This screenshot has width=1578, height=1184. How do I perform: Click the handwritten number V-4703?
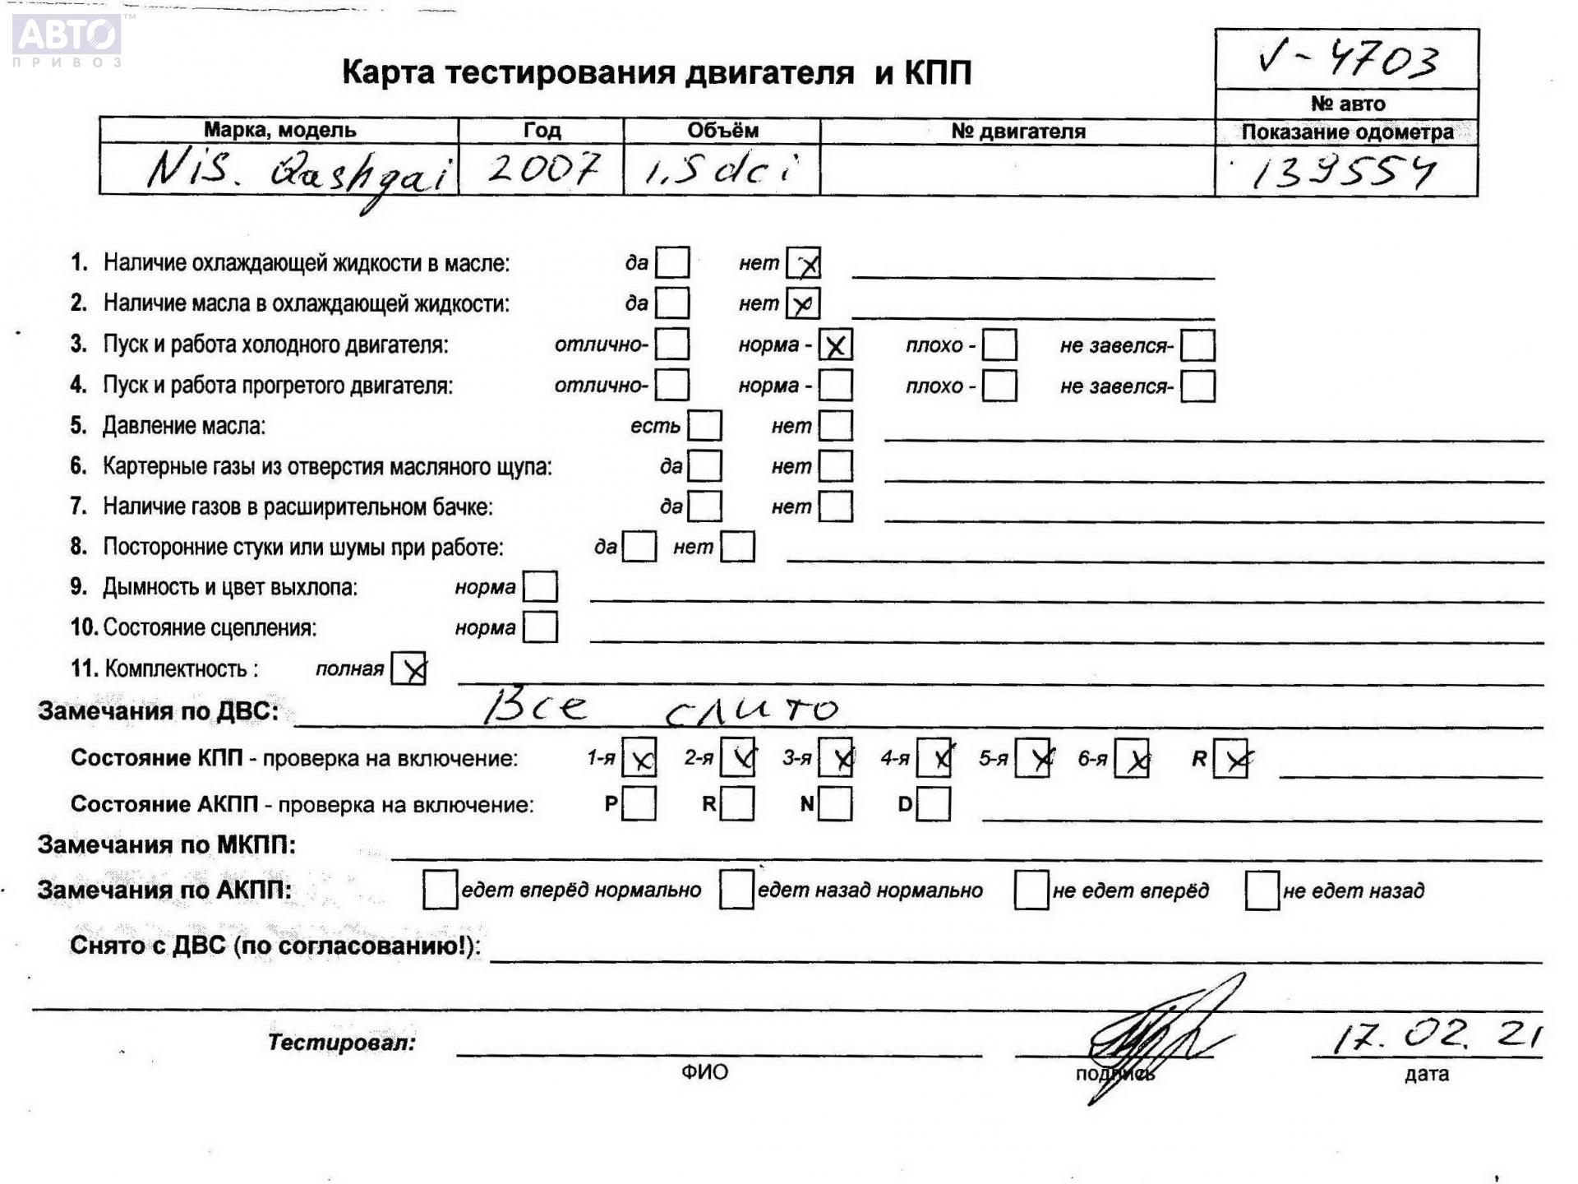1348,60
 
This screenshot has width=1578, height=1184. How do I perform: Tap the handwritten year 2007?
542,169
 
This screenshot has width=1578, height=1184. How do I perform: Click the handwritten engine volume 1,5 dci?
721,170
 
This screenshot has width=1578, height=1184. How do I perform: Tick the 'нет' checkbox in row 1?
803,263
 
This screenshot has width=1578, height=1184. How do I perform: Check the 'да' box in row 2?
672,303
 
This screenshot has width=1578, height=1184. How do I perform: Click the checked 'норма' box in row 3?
835,345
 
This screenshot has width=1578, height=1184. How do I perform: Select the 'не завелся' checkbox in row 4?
1197,386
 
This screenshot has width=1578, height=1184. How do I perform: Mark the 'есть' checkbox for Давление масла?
704,426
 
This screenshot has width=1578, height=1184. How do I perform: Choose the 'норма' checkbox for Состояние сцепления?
540,627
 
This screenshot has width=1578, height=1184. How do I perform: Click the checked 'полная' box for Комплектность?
408,668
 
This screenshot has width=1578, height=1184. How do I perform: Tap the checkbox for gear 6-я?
1132,758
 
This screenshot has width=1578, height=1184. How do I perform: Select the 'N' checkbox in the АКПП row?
835,804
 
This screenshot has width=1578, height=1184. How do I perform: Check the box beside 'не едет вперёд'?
1031,890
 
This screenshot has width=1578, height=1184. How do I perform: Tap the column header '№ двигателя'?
1017,132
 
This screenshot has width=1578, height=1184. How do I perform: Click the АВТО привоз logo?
67,39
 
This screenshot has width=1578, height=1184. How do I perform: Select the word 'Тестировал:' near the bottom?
342,1043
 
